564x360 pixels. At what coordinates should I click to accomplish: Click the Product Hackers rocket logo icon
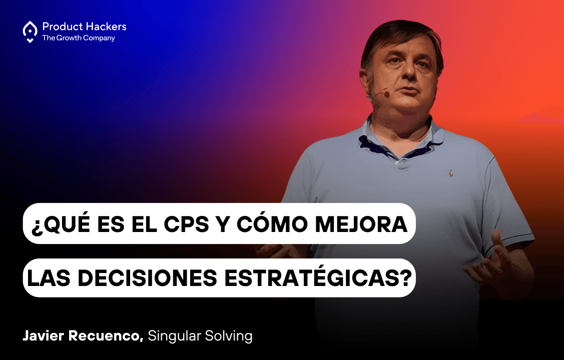[x=30, y=31]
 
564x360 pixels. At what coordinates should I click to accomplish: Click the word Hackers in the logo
[x=109, y=26]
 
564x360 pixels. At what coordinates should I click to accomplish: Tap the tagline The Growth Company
[x=79, y=38]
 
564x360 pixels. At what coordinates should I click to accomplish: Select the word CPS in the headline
[x=187, y=224]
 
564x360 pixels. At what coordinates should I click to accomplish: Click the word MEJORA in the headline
[x=361, y=224]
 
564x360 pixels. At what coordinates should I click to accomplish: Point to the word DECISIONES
[x=148, y=277]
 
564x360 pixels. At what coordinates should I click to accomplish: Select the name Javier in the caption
[x=43, y=336]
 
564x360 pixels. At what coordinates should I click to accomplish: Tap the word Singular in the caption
[x=175, y=336]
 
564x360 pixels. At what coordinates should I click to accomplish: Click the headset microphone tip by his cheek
[x=386, y=94]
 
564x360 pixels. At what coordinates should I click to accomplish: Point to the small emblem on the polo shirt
[x=451, y=173]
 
